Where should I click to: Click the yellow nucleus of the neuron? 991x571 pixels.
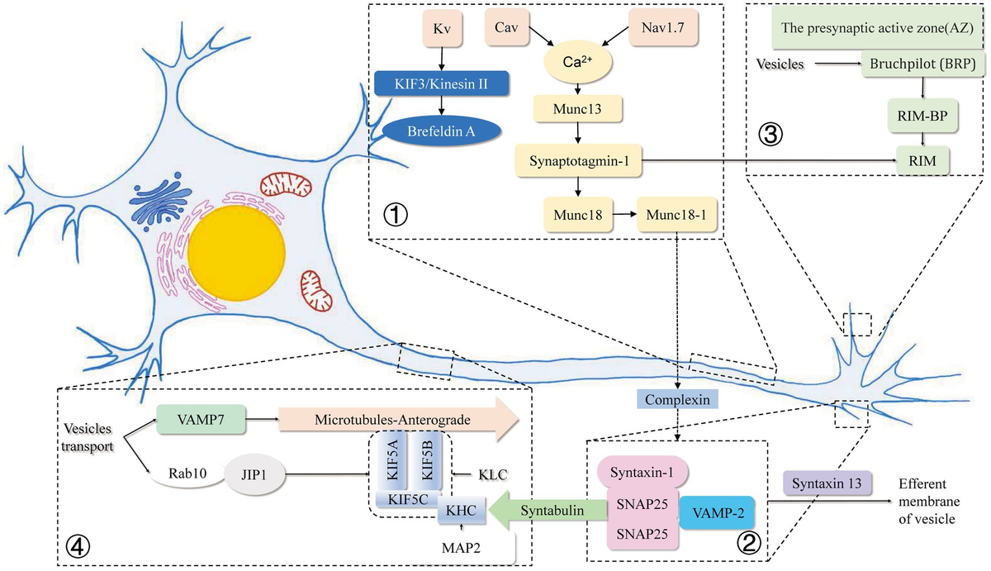[x=236, y=245]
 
